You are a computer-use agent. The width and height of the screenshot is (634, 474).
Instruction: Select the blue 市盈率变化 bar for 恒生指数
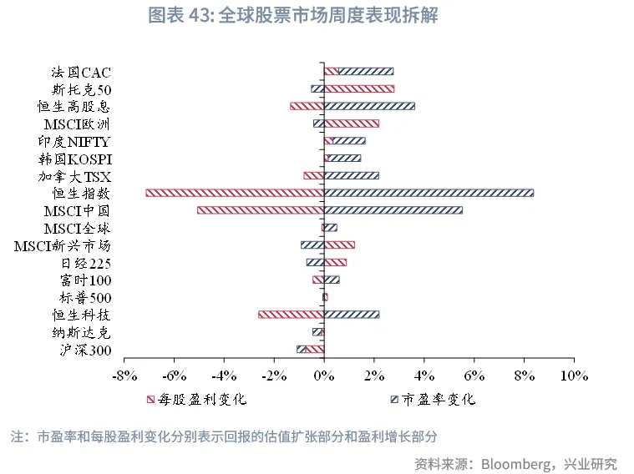click(x=429, y=193)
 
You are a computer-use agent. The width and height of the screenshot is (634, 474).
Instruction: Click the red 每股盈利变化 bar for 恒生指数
click(x=235, y=193)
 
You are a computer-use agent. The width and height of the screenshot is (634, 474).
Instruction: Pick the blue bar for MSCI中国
click(x=393, y=210)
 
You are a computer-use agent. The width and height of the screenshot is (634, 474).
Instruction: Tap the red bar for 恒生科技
click(x=291, y=315)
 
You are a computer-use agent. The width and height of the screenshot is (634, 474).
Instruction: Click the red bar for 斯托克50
click(x=358, y=88)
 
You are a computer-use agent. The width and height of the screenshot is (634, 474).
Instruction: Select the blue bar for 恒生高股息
click(x=368, y=106)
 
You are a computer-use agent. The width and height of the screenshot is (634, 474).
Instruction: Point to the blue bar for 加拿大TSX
click(x=351, y=175)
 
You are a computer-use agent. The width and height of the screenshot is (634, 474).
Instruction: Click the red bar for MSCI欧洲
click(x=351, y=124)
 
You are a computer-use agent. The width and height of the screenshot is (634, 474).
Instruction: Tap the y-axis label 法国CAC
click(x=80, y=72)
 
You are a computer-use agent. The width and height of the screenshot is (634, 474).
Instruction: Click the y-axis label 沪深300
click(x=85, y=350)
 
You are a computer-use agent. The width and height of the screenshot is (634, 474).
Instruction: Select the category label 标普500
click(x=85, y=298)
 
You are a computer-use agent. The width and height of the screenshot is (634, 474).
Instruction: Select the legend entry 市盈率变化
click(x=438, y=399)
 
